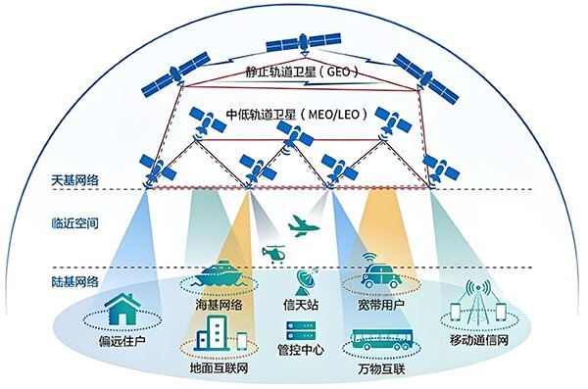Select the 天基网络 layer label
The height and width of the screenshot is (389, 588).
[74, 181]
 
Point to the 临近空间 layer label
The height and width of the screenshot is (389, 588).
[74, 223]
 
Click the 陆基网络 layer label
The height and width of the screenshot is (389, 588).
[74, 281]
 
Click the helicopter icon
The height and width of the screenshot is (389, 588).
[273, 253]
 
